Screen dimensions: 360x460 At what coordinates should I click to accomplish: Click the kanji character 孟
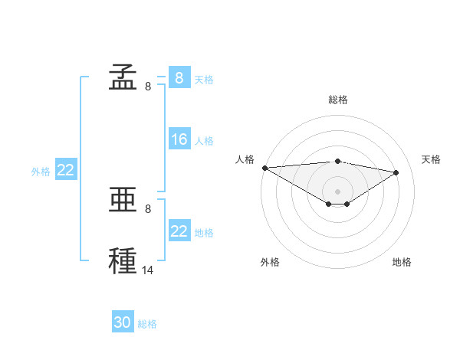pyautogui.click(x=123, y=77)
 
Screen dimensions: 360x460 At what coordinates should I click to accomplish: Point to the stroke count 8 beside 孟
pyautogui.click(x=148, y=87)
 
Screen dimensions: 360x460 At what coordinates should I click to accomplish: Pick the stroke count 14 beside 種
pyautogui.click(x=148, y=270)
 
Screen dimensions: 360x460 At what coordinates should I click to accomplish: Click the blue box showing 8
pyautogui.click(x=179, y=77)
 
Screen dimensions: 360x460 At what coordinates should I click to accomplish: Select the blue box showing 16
pyautogui.click(x=179, y=139)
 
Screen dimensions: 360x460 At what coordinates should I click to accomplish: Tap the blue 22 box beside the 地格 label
pyautogui.click(x=179, y=231)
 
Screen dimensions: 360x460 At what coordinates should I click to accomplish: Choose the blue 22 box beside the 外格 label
pyautogui.click(x=65, y=170)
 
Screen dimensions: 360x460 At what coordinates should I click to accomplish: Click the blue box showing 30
pyautogui.click(x=123, y=322)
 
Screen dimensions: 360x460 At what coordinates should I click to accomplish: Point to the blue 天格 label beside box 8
pyautogui.click(x=204, y=79)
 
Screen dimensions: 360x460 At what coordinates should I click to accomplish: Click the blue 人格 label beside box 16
pyautogui.click(x=204, y=141)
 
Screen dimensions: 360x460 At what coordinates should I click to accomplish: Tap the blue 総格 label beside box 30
pyautogui.click(x=147, y=324)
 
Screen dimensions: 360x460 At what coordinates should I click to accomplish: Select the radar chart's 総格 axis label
pyautogui.click(x=337, y=100)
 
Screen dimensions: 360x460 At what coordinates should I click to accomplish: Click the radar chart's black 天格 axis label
pyautogui.click(x=432, y=159)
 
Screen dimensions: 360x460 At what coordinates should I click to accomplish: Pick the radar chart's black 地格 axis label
pyautogui.click(x=402, y=262)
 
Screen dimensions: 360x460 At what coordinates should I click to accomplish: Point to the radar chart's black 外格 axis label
pyautogui.click(x=270, y=262)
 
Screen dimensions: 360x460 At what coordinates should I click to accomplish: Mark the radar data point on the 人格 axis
pyautogui.click(x=264, y=168)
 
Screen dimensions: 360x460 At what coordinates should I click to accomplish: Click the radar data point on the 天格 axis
pyautogui.click(x=396, y=172)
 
